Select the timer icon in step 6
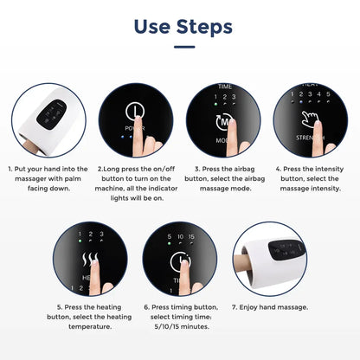tap(177, 260)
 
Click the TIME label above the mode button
tap(225, 87)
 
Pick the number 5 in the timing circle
tap(166, 235)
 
